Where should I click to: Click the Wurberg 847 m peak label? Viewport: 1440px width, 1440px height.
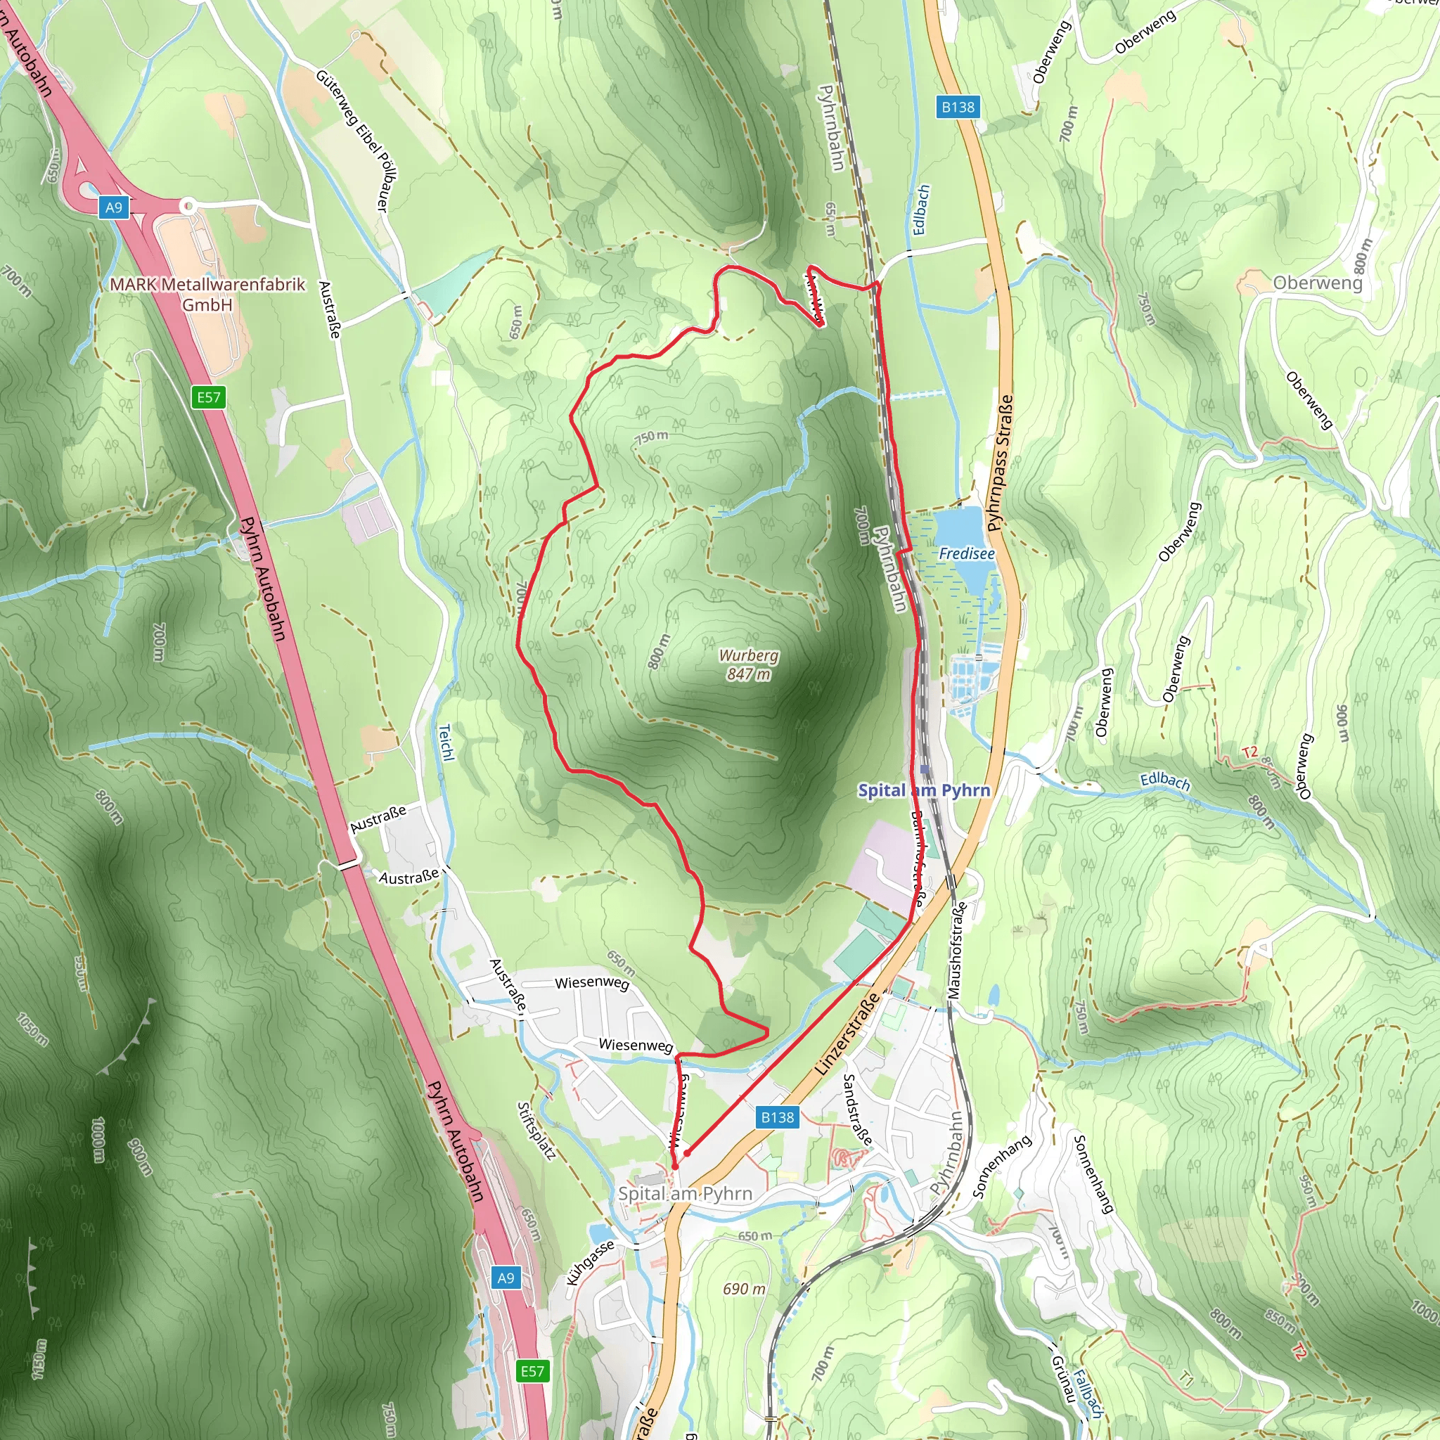(x=748, y=664)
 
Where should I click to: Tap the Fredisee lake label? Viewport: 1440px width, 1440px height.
(x=966, y=554)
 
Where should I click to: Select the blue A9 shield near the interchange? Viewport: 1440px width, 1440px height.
(x=113, y=207)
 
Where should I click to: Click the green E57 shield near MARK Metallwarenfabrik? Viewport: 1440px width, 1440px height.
(x=209, y=397)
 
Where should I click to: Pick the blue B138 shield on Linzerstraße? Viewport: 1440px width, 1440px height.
(x=778, y=1117)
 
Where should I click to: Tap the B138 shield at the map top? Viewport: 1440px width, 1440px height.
(x=958, y=108)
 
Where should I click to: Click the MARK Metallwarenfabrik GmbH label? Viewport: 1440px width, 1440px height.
(x=207, y=295)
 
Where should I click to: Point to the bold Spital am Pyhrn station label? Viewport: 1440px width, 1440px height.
(x=923, y=790)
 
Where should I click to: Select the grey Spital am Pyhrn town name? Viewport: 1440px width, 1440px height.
(x=685, y=1193)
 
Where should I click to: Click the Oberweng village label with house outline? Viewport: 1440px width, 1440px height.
(x=1317, y=283)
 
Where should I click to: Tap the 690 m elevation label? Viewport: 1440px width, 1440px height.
(x=744, y=1289)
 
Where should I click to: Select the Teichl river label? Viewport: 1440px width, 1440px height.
(x=446, y=743)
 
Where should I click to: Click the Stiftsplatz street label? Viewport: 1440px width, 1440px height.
(x=536, y=1131)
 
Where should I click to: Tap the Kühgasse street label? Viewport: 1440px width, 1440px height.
(x=591, y=1263)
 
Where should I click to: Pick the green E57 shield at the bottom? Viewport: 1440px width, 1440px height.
(x=532, y=1371)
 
